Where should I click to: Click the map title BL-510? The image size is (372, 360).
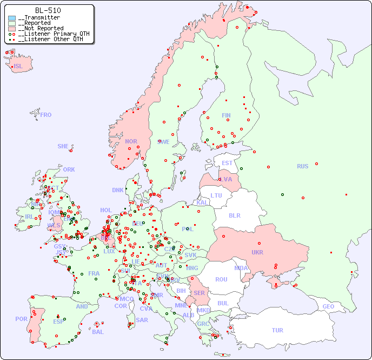point(48,10)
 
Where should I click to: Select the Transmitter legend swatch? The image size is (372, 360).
point(12,18)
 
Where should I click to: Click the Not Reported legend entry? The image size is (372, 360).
point(40,28)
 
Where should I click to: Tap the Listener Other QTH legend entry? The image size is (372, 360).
point(49,39)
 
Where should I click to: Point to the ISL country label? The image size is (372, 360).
point(18,67)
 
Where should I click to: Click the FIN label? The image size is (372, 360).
point(226,115)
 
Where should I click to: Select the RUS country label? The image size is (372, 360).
point(302,166)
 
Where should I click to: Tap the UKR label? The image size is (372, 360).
point(257,252)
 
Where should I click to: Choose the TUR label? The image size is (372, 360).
point(277,330)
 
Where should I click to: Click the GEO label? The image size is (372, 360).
point(328,306)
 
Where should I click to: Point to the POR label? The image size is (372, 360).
point(21,319)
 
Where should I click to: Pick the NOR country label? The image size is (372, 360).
point(131,141)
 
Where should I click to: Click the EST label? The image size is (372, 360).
point(227,163)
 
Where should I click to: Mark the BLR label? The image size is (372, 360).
point(234,215)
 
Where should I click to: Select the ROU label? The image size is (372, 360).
point(221,279)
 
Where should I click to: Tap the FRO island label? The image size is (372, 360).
point(46,115)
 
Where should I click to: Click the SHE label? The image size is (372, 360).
point(63,146)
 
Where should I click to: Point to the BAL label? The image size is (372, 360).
point(98,332)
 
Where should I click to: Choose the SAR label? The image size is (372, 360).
point(142,320)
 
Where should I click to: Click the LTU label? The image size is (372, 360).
point(216,195)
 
